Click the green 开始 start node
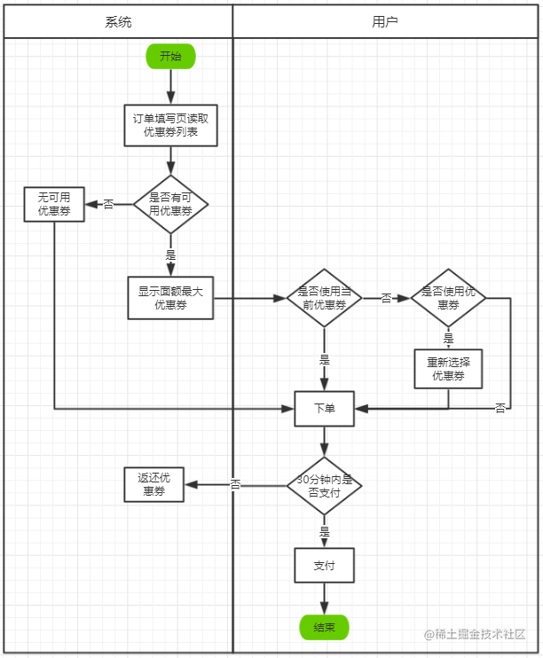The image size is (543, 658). pos(170,56)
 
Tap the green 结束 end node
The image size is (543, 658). pos(324,627)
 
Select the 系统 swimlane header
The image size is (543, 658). pos(118,21)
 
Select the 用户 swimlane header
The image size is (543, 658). pos(385,21)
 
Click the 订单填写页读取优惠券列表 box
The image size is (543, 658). pos(170,125)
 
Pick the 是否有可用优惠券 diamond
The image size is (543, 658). pos(170,204)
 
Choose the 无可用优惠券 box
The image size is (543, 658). pos(54,204)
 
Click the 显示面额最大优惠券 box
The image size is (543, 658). pos(170,298)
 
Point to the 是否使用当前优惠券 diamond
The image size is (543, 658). pos(324,298)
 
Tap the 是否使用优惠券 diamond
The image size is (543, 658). pos(448,298)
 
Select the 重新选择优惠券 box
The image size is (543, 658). pos(448,369)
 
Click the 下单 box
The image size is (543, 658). pos(324,409)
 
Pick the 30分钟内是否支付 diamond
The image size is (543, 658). pos(324,486)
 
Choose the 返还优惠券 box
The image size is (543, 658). pos(153,485)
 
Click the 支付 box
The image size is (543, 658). pos(324,565)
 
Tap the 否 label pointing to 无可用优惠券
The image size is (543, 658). pos(108,204)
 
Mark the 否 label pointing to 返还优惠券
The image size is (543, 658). pos(235,485)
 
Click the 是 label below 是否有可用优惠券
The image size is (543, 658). pos(170,255)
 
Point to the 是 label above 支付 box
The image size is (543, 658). pos(324,532)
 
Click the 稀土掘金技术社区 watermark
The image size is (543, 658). pos(475,634)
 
